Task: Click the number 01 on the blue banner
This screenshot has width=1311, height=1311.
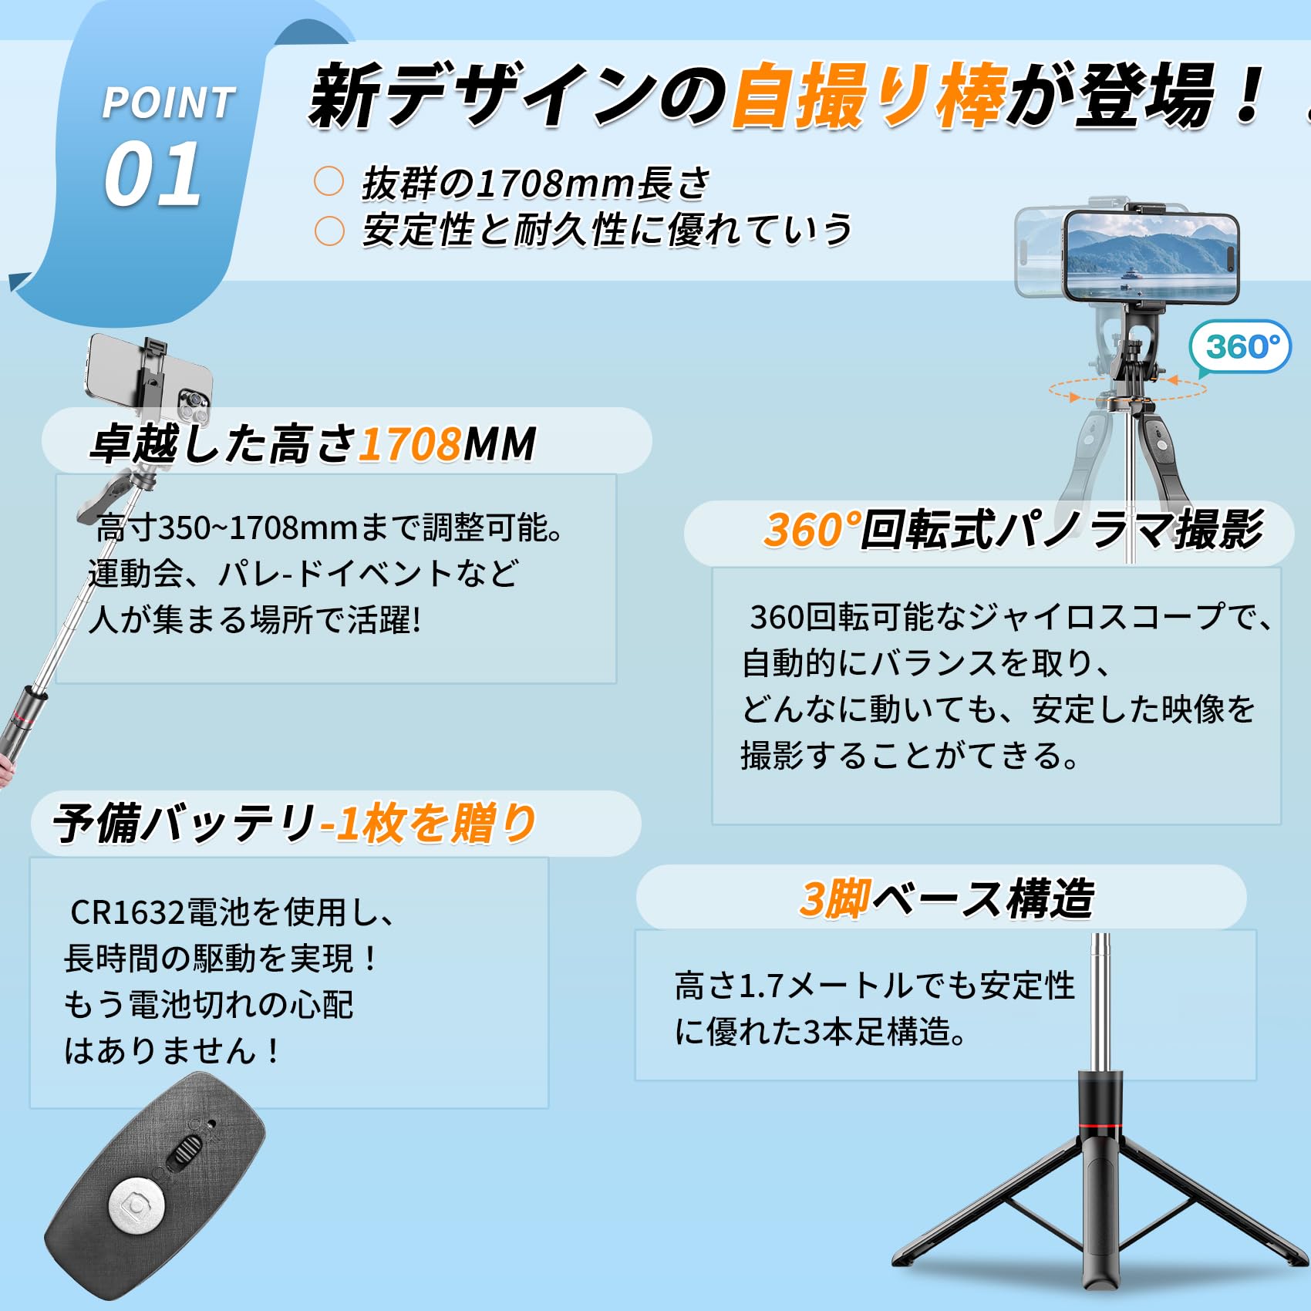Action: tap(153, 174)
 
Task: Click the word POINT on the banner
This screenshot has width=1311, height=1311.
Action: tap(169, 103)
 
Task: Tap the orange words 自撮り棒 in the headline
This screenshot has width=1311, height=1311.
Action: tap(869, 96)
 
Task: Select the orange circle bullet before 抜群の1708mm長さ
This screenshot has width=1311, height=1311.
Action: tap(329, 182)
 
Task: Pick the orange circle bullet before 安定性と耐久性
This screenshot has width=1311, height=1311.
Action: tap(329, 231)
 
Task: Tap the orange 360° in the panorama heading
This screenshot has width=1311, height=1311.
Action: tap(812, 530)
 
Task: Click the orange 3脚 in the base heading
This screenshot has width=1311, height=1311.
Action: tap(835, 898)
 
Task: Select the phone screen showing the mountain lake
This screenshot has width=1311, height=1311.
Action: tap(1151, 256)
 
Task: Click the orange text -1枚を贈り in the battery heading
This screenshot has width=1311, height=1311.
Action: tap(429, 823)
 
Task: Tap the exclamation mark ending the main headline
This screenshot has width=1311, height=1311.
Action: tap(1246, 94)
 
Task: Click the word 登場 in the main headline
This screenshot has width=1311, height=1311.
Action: tap(1144, 96)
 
